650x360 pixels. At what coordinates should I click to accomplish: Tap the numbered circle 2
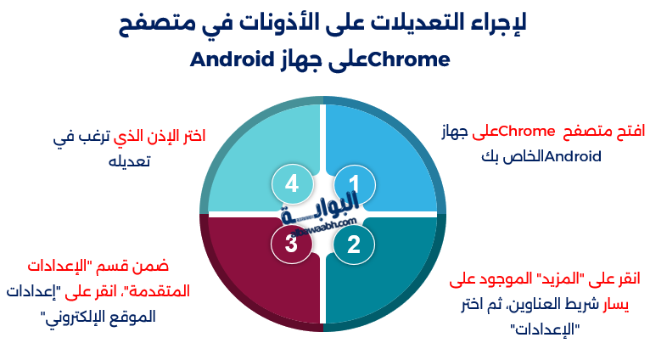353,245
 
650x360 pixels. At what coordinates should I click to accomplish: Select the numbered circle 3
291,245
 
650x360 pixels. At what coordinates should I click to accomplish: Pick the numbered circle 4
291,183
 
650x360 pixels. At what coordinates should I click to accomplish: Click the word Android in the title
231,60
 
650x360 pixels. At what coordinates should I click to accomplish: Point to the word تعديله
129,160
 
